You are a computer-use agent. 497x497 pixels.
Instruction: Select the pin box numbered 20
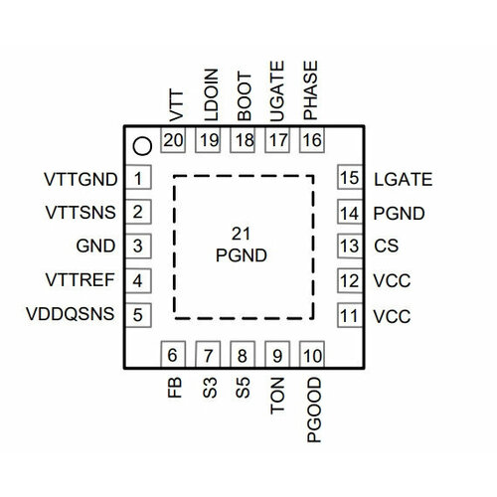pos(174,141)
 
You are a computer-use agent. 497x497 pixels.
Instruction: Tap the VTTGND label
pos(81,180)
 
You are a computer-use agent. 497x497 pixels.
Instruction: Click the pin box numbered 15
pos(348,179)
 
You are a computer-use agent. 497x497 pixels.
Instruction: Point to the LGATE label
pos(403,179)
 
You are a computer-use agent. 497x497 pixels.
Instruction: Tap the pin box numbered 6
pos(174,355)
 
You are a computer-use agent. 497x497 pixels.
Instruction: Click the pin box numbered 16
pos(312,141)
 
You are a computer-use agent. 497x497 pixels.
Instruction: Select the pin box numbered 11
pos(348,316)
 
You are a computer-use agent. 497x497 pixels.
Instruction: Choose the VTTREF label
pos(80,281)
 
